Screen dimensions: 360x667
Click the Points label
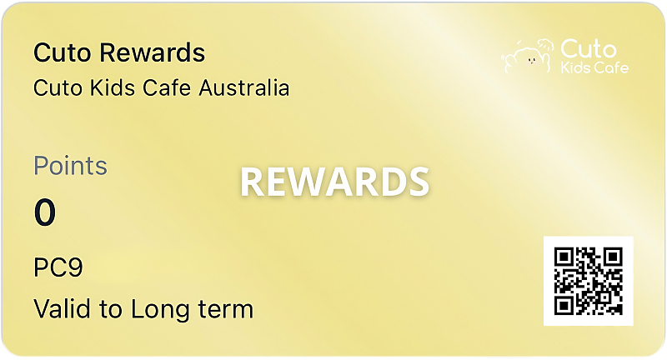70,166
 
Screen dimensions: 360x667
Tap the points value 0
45,213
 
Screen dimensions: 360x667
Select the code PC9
58,268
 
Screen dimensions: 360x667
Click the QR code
588,281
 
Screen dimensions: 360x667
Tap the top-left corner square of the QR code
564,257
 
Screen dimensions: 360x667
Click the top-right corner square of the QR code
613,257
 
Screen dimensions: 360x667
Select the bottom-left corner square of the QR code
564,305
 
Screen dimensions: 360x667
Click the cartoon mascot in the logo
528,54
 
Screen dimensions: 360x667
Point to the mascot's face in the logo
527,58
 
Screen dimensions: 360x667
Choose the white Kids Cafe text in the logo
594,67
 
